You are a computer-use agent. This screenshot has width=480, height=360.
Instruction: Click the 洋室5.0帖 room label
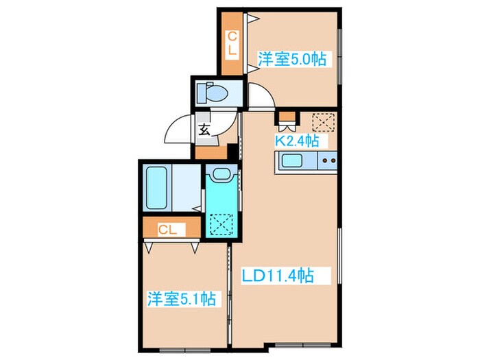point(291,59)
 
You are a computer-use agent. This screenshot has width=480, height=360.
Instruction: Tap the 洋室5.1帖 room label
point(182,298)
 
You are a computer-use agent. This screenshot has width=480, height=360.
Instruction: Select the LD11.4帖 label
point(278,276)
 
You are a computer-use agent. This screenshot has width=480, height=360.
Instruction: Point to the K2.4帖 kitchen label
point(297,141)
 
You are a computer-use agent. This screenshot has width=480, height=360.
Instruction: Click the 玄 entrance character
point(204,130)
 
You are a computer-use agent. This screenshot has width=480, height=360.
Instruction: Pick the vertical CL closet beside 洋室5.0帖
point(232,43)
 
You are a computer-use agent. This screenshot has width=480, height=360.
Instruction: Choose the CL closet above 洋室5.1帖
point(171,227)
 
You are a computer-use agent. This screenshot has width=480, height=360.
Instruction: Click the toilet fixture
point(212,93)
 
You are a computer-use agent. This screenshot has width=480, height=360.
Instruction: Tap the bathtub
point(156,188)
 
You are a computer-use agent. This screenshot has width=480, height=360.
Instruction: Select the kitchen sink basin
point(292,160)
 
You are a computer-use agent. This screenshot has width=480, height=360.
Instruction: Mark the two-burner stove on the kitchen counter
point(328,160)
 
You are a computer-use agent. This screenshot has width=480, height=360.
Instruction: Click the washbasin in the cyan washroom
point(220,174)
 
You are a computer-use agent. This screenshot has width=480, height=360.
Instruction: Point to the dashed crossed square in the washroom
point(221,224)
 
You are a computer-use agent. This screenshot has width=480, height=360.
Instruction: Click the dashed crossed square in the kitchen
point(323,123)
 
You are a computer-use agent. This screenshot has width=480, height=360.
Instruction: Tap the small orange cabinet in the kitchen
point(287,117)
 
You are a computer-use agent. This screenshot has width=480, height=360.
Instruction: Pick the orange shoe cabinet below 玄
point(211,153)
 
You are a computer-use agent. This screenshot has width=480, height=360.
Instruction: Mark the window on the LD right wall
point(339,256)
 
